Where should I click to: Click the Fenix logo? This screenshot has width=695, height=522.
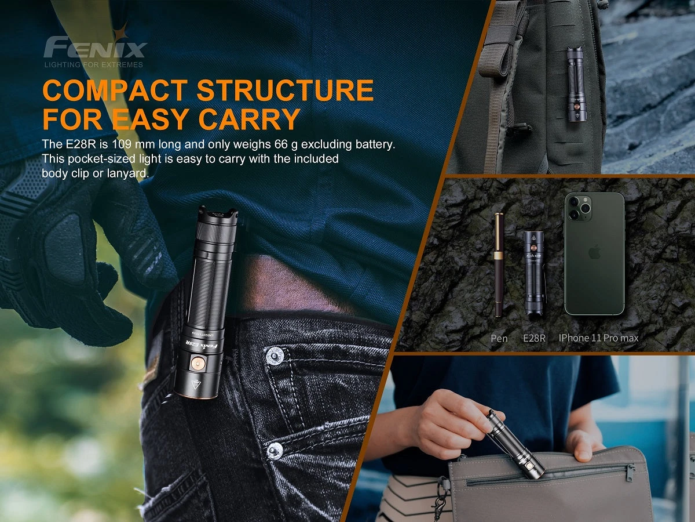(96, 46)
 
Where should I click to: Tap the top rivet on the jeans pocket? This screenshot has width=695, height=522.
(274, 356)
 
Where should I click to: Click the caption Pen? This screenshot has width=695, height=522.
(499, 338)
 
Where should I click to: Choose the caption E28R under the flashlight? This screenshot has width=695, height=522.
(534, 338)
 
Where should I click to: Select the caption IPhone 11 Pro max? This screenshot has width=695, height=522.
(599, 338)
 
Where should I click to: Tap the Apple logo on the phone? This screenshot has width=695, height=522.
(594, 252)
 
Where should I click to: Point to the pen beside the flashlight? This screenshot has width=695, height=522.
(499, 264)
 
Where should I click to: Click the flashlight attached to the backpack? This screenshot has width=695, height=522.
(576, 84)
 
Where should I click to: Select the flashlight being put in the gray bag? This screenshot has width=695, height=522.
(515, 444)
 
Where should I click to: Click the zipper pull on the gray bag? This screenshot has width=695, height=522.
(630, 473)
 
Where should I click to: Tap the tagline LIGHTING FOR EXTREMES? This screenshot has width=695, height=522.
(94, 64)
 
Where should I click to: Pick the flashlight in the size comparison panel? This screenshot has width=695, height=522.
(535, 273)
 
